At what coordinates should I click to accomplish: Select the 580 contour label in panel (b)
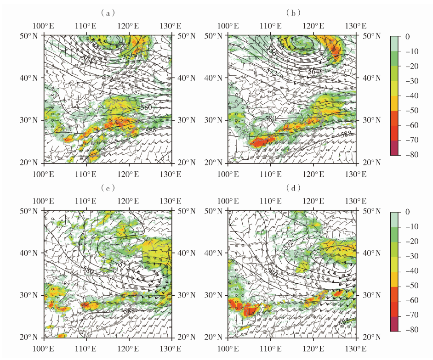[271, 119]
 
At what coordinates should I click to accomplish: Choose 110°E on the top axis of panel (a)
[85, 26]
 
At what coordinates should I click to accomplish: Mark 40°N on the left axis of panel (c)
[32, 253]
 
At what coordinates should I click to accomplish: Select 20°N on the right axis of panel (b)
[372, 163]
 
